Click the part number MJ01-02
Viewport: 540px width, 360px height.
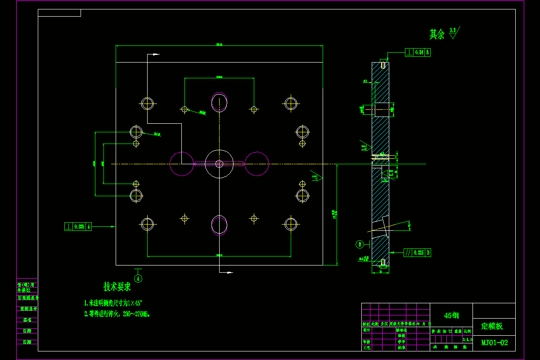pos(495,342)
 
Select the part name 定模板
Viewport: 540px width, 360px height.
pos(492,326)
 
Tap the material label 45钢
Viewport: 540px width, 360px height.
pos(451,315)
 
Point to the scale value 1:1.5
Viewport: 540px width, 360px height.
pos(467,339)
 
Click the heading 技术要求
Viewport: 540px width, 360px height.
pos(117,286)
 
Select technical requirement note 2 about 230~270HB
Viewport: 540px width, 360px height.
pos(117,314)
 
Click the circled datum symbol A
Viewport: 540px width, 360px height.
pos(138,279)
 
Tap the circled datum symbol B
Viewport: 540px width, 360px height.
pos(360,244)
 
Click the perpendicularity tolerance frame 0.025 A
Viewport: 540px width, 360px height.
pos(78,227)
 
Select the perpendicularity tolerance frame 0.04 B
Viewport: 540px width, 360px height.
pos(418,52)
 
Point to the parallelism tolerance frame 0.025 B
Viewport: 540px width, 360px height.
pos(417,253)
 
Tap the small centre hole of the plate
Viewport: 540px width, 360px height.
pos(219,164)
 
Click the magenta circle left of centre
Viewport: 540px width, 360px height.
pos(181,164)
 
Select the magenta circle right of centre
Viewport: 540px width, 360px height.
pos(257,164)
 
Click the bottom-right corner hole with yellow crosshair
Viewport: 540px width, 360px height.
pos(291,224)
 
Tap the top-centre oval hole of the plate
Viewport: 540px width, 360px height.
pos(220,102)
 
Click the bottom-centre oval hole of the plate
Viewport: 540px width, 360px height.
pos(220,225)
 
